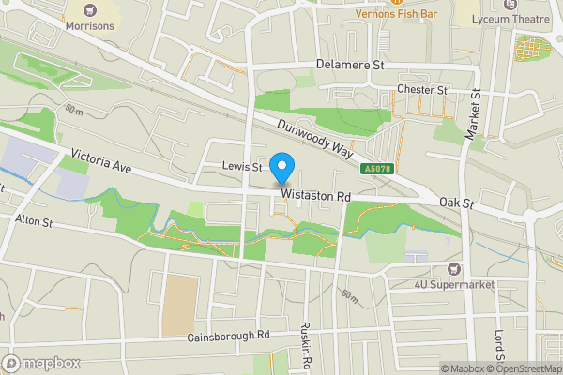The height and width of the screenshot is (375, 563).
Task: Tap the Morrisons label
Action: (x=90, y=26)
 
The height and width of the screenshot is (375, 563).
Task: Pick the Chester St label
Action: (x=421, y=89)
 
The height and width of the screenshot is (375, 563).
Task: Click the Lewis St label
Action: (x=241, y=166)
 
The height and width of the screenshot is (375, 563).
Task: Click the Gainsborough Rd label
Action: (x=228, y=335)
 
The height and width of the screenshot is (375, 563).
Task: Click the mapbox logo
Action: (x=39, y=362)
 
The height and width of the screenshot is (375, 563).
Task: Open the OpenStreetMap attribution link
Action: (x=525, y=368)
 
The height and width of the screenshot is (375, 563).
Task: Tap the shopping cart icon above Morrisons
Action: (x=90, y=10)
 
